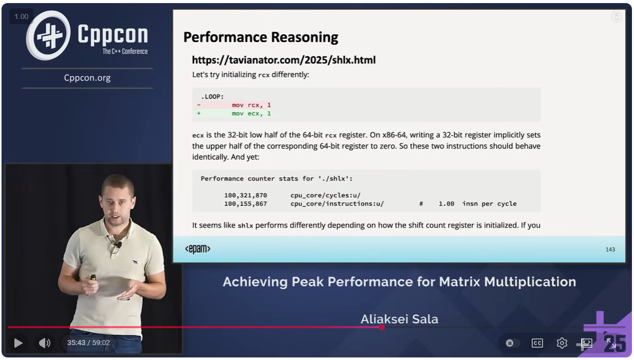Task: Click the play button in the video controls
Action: [18, 343]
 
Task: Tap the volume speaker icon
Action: [44, 343]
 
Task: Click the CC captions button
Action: [537, 343]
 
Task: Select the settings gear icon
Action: [562, 343]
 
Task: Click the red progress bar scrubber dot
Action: [382, 328]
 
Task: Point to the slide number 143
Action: [610, 250]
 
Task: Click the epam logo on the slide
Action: [198, 249]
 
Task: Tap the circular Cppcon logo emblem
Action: [48, 35]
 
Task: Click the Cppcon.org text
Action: [87, 78]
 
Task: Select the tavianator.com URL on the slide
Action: [284, 60]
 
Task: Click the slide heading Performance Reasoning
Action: [260, 37]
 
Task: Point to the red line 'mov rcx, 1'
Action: [251, 105]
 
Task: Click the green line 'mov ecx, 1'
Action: [251, 114]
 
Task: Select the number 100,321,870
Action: [246, 196]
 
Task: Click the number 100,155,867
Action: [246, 204]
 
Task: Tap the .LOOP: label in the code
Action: [212, 97]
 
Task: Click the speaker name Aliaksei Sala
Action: [399, 319]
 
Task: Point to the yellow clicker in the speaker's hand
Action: [93, 278]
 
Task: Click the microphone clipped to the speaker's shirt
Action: [119, 244]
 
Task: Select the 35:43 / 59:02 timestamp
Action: [88, 343]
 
